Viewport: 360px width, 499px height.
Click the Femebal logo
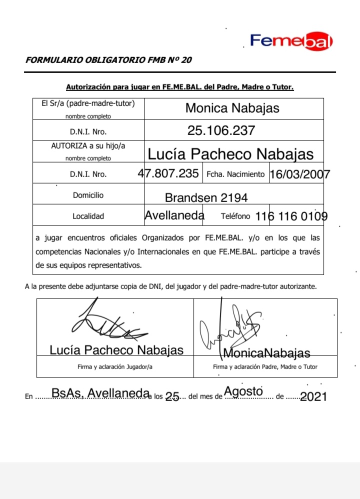pos(291,41)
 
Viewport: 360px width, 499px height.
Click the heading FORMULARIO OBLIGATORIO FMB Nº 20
pos(108,60)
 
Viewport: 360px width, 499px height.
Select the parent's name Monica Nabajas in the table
pos(232,108)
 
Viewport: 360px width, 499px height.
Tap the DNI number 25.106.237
pos(221,131)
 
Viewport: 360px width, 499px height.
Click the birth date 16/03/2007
pos(299,174)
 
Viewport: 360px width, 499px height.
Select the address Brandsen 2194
pos(206,197)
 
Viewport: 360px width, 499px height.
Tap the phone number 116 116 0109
pos(291,216)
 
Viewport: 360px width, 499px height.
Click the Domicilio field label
pos(88,195)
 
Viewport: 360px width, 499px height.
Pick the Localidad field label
pos(88,216)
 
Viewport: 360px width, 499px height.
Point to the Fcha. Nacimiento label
pos(235,174)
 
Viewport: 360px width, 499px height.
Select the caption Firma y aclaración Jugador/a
pos(115,366)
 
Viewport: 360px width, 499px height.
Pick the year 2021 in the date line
pos(313,397)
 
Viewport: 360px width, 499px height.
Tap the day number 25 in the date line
pos(172,397)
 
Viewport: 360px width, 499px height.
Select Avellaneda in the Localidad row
pos(174,215)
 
